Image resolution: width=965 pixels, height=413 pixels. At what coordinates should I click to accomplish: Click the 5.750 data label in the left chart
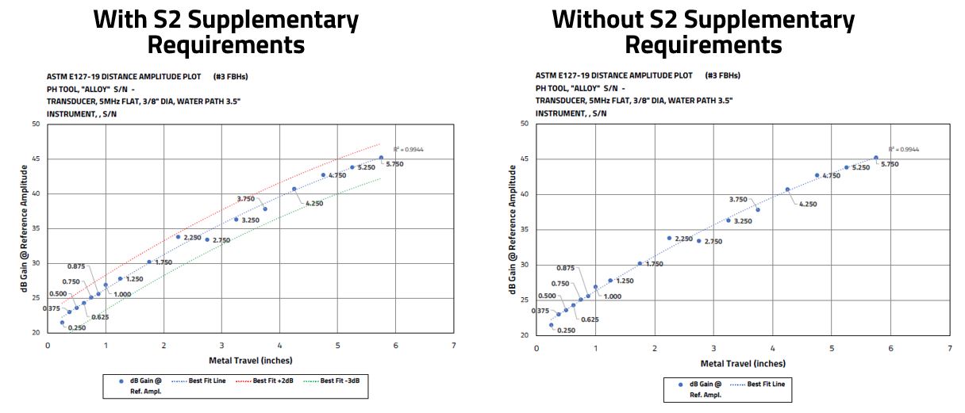click(x=394, y=164)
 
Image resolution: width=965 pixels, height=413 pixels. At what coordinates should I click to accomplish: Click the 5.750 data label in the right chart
click(x=889, y=164)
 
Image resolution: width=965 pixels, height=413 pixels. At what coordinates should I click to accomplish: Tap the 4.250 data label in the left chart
click(x=314, y=204)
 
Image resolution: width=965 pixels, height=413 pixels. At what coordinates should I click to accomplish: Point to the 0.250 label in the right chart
click(x=565, y=331)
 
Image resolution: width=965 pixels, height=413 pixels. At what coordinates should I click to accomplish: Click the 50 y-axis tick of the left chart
click(x=36, y=124)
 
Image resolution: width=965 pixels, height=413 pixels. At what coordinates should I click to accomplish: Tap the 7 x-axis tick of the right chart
click(x=949, y=348)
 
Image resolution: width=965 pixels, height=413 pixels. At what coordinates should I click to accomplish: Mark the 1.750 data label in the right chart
click(x=654, y=264)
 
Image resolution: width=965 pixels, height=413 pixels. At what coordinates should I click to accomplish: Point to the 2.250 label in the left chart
click(x=192, y=237)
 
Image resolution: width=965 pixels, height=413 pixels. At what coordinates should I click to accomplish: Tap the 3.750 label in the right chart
click(x=738, y=200)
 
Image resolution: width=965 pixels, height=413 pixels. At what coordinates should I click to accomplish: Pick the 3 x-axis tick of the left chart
click(x=221, y=346)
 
